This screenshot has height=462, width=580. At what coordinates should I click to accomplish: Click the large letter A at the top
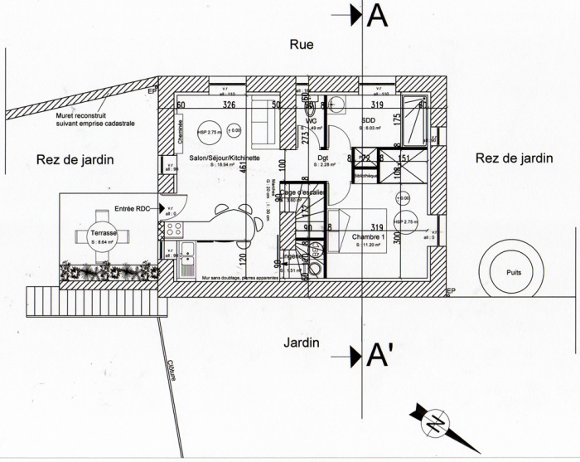click(377, 15)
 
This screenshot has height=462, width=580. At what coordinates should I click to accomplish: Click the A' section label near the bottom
click(379, 356)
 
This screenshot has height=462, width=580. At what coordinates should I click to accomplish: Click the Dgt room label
click(321, 157)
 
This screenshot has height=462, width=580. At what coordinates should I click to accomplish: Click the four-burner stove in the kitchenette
click(175, 227)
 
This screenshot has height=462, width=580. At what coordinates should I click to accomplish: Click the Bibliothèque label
click(365, 176)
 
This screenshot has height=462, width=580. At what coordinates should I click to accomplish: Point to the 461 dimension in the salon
click(243, 168)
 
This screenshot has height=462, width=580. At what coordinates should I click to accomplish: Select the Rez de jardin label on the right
click(514, 158)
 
